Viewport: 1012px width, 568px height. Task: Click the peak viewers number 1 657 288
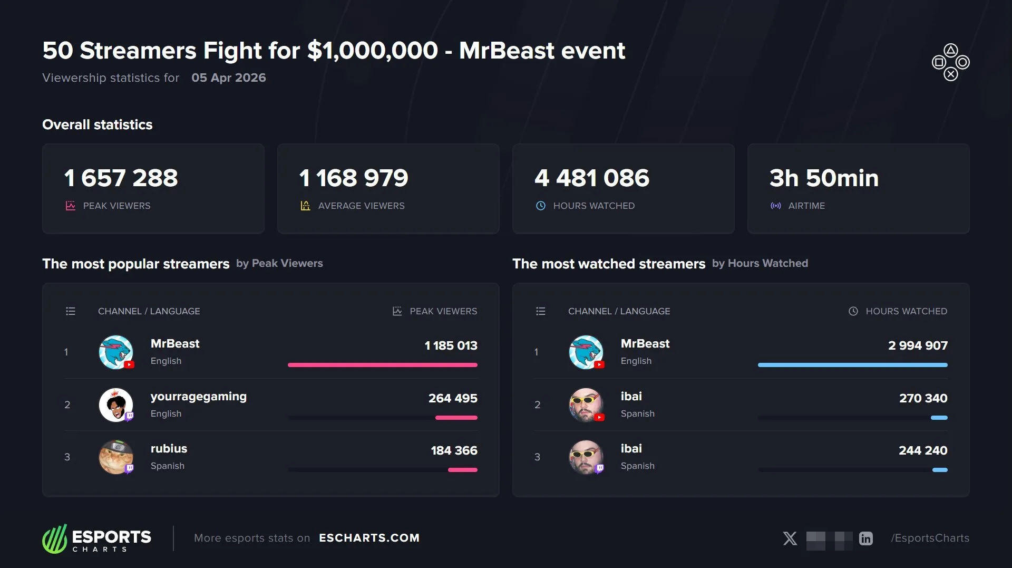121,178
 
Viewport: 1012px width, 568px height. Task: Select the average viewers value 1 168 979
354,178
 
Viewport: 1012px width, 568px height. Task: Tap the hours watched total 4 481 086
592,178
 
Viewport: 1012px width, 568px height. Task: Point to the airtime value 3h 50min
824,178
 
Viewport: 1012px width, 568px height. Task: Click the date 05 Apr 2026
229,78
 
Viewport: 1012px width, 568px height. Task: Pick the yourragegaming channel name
199,396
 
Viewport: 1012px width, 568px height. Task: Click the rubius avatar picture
116,457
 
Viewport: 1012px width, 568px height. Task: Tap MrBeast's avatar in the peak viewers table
116,352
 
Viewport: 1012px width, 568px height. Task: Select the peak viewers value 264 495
453,398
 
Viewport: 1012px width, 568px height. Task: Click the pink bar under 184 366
463,469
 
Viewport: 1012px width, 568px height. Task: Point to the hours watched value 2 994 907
918,345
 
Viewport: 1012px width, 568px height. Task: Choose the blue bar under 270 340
939,418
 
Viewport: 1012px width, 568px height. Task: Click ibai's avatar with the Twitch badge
586,457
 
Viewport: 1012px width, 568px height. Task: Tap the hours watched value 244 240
923,450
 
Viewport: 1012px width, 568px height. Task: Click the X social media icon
790,538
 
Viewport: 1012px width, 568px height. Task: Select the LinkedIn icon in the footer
866,538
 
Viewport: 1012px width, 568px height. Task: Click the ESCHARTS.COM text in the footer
369,538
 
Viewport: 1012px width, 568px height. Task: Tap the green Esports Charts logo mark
55,538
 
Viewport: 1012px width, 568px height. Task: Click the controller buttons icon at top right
950,62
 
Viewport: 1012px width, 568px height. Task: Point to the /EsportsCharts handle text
930,538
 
